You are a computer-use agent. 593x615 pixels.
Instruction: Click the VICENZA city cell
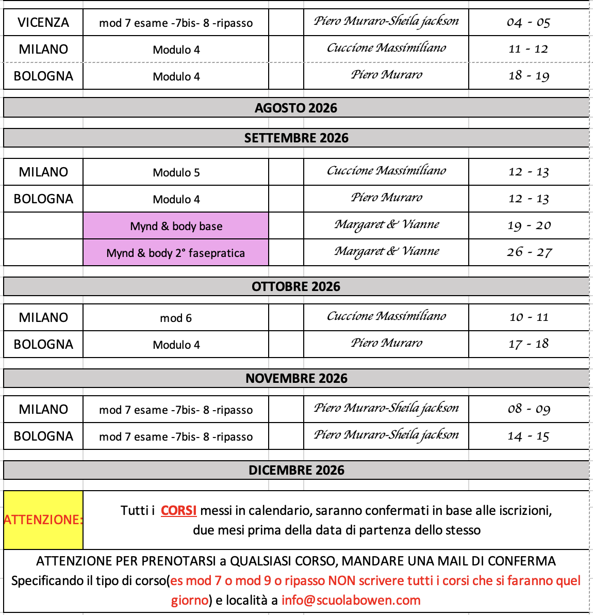pos(43,23)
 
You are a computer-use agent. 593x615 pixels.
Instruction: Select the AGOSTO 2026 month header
pos(296,108)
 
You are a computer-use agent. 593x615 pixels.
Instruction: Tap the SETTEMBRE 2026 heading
pos(296,138)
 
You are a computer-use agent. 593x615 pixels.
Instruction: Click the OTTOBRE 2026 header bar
pos(296,286)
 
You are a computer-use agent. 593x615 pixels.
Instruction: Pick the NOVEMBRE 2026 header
pos(296,378)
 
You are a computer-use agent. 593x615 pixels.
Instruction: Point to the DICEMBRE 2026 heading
pos(296,470)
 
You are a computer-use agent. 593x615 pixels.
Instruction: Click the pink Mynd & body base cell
pos(176,226)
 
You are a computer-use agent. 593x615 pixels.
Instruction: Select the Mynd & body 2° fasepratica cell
pos(176,253)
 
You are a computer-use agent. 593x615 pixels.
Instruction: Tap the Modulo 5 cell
pos(176,172)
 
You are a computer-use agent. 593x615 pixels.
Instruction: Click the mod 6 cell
pos(176,318)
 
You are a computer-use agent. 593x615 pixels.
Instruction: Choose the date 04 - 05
pos(529,23)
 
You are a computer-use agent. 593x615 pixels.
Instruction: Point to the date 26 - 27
pos(529,252)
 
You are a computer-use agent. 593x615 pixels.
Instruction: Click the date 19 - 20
pos(529,225)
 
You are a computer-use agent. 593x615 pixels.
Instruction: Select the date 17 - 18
pos(529,344)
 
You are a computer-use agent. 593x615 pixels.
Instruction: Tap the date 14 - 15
pos(529,436)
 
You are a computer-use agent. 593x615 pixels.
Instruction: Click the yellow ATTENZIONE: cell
pos(43,520)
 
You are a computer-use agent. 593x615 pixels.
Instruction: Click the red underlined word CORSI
pos(178,511)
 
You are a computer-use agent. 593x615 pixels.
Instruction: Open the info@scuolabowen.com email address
pos(351,601)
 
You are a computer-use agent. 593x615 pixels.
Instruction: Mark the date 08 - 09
pos(529,409)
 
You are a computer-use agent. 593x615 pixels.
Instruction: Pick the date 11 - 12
pos(529,50)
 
